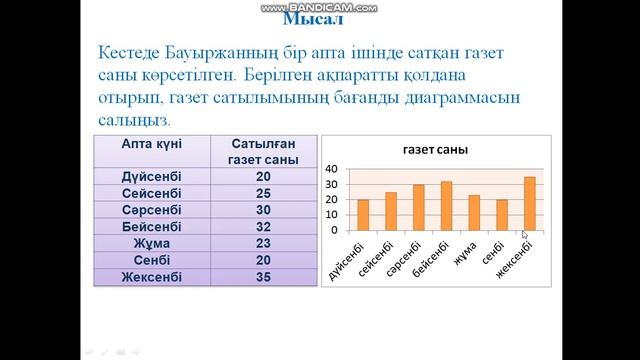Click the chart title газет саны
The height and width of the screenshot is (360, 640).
pos(436,150)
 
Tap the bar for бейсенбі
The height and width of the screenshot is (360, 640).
pos(446,206)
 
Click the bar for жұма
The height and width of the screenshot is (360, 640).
pos(474,213)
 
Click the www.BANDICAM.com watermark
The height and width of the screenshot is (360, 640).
pos(319,7)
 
